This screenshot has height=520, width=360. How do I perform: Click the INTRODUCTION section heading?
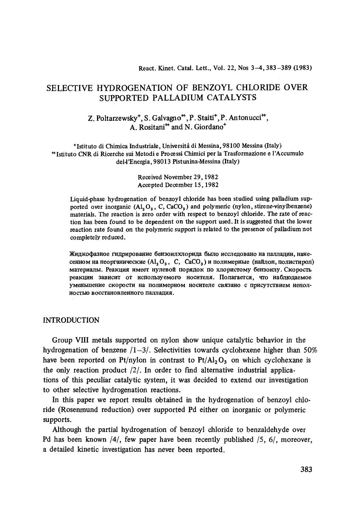(x=71, y=320)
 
